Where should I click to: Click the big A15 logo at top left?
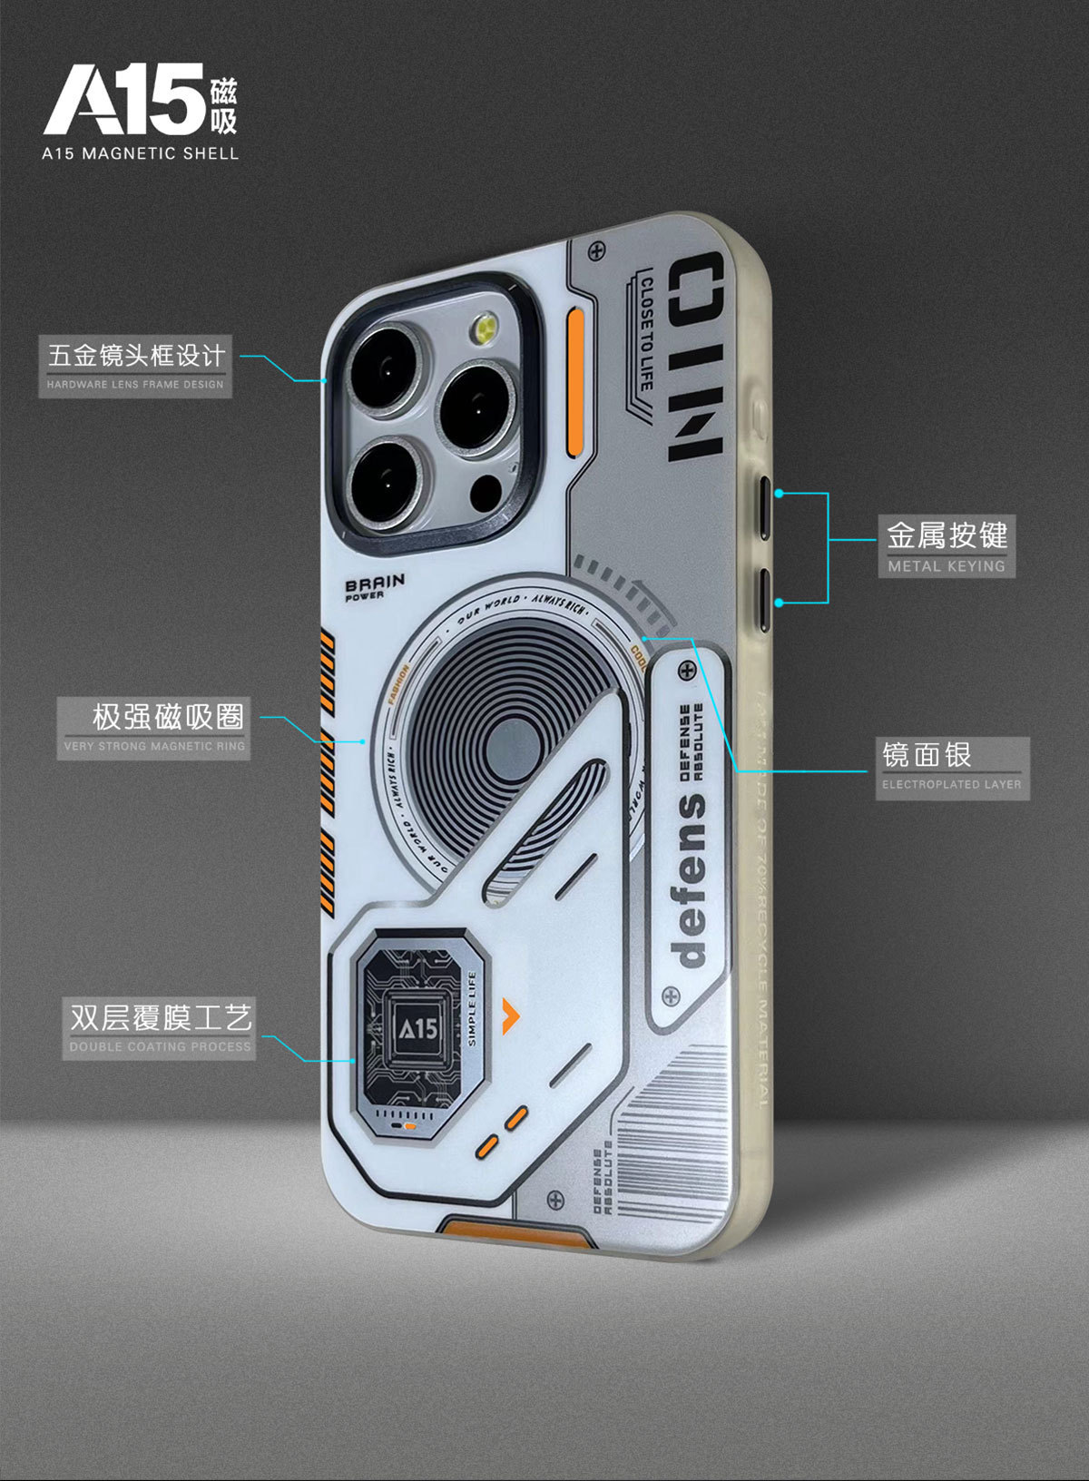[x=125, y=100]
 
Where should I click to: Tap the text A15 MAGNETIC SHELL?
[x=140, y=153]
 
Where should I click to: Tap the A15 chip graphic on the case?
[x=417, y=1029]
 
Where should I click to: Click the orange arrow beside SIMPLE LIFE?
[x=512, y=1008]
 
